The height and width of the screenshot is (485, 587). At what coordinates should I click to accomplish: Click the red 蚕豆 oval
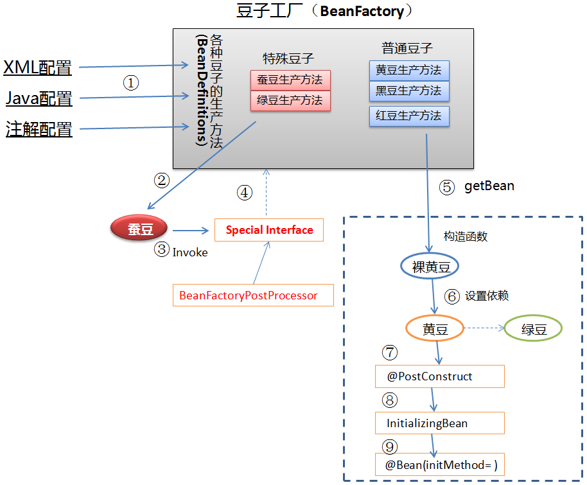[140, 229]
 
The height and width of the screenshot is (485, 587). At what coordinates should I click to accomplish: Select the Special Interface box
[269, 230]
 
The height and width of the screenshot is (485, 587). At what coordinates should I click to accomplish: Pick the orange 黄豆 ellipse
[435, 329]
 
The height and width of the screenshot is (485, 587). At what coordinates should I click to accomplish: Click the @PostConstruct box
[439, 376]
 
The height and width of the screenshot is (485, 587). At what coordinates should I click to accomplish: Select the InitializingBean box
[439, 423]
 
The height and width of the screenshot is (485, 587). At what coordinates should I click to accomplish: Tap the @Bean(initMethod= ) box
[439, 464]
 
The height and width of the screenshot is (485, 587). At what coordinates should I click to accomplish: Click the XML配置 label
[38, 67]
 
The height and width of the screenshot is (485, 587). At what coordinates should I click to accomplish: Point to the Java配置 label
[39, 98]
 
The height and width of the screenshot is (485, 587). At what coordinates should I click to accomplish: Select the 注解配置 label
[39, 129]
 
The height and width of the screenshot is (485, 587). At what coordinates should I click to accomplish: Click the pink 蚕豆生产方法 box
[290, 80]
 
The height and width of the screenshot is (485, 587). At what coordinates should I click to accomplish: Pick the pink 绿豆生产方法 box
[290, 101]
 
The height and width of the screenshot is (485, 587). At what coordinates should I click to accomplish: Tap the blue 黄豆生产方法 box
[408, 71]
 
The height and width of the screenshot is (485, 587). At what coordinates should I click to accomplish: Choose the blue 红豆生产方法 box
[408, 116]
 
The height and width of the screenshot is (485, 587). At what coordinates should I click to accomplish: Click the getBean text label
[489, 186]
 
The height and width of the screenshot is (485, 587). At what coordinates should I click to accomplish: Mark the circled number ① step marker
[130, 82]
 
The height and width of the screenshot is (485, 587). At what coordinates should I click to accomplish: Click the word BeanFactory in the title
[362, 11]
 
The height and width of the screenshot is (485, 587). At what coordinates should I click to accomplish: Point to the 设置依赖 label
[487, 295]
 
